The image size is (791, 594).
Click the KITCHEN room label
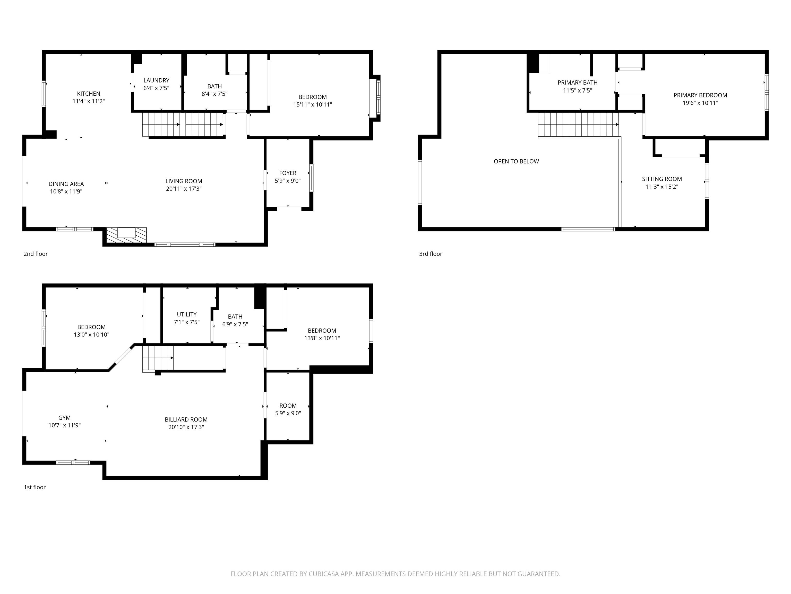(88, 93)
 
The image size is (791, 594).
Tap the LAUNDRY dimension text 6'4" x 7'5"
(156, 88)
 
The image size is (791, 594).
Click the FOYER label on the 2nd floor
(288, 173)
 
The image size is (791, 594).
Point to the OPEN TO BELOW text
(516, 161)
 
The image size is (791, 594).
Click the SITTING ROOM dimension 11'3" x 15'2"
(661, 187)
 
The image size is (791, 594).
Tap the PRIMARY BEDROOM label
(700, 95)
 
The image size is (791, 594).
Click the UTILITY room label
(187, 314)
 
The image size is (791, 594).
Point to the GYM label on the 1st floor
(64, 417)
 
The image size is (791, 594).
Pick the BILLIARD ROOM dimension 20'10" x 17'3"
(186, 427)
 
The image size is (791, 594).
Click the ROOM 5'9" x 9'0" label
(288, 406)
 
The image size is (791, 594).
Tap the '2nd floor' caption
(35, 254)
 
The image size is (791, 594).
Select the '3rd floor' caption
(431, 254)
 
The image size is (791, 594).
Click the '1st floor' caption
(35, 487)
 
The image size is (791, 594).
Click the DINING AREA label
(66, 184)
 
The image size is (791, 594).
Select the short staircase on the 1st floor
(158, 358)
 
